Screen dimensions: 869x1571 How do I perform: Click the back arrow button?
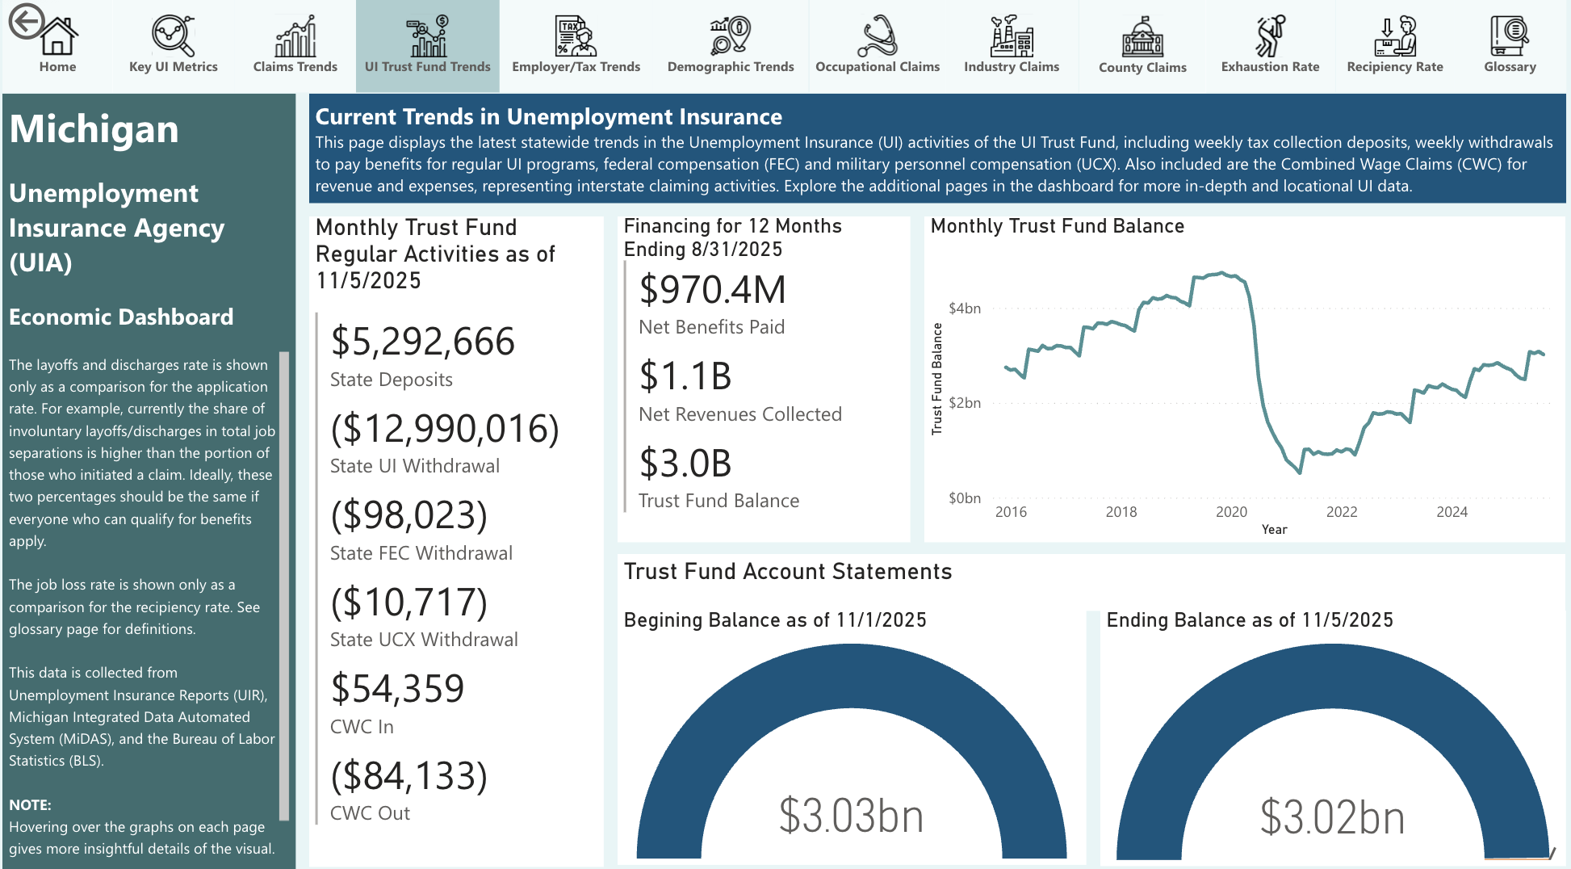(26, 21)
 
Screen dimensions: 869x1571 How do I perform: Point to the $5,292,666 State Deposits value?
(422, 342)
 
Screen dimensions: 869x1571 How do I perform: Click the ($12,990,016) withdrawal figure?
(445, 428)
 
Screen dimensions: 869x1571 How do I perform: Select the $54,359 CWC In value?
(397, 689)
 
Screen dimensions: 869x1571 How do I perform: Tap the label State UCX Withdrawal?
(424, 640)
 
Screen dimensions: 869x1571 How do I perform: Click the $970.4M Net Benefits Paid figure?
(712, 290)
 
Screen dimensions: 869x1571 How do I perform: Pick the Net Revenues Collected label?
(740, 414)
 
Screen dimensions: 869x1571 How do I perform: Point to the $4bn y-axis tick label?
(965, 309)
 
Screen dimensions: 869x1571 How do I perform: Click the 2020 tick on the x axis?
(1231, 512)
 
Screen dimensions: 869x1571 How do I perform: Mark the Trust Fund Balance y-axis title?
(937, 379)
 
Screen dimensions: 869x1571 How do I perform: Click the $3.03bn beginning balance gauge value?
(851, 815)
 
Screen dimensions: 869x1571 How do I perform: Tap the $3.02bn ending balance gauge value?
(1332, 817)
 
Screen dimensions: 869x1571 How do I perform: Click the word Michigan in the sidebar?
(94, 129)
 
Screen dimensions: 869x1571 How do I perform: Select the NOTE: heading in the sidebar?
(30, 804)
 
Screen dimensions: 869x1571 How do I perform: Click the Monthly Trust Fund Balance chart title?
(1057, 226)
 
